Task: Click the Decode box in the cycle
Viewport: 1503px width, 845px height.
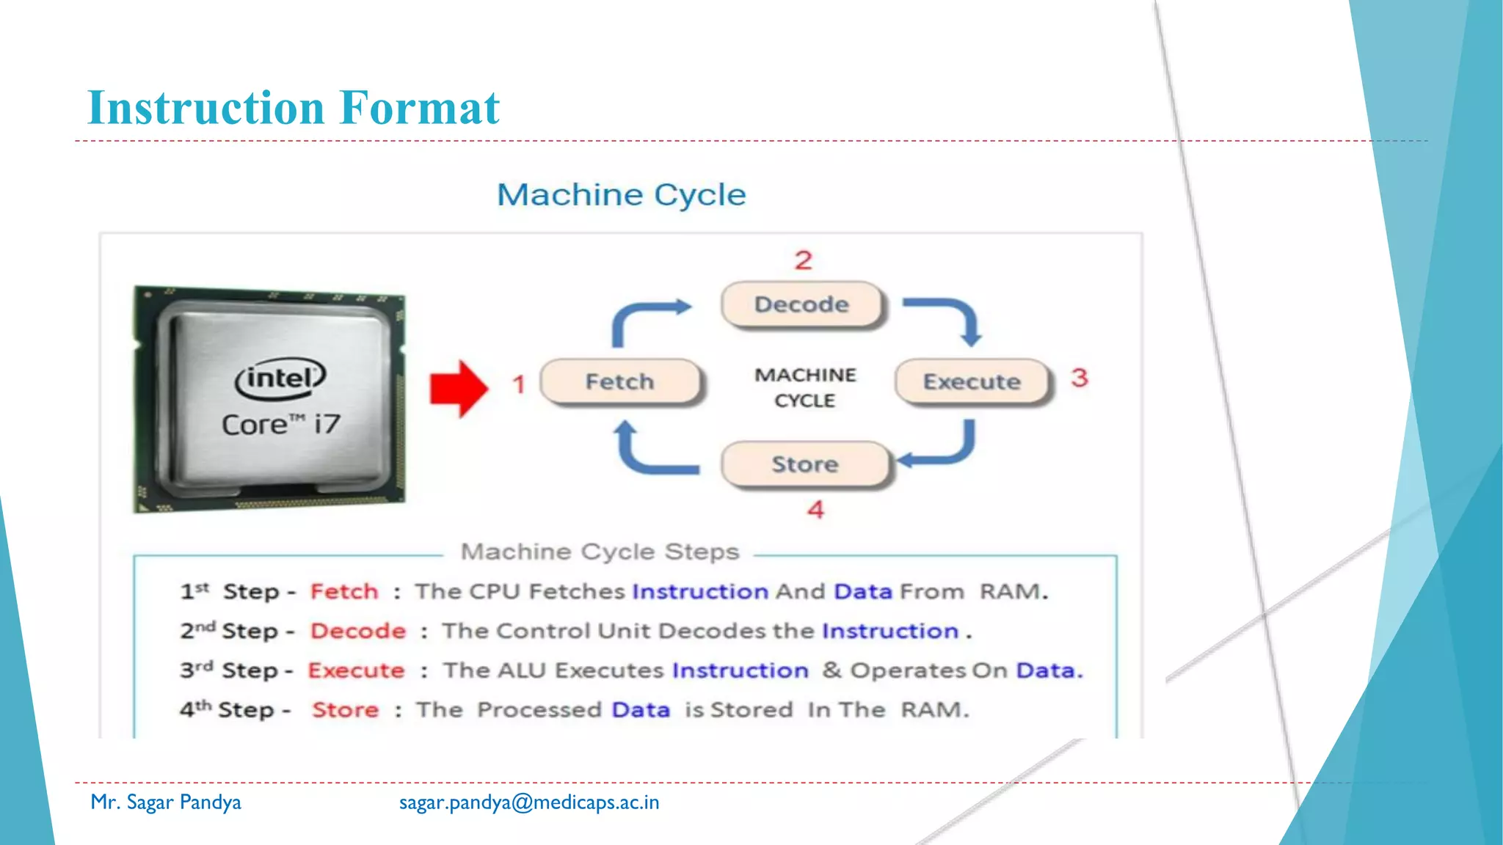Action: (x=801, y=304)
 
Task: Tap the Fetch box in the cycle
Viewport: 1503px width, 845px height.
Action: (x=620, y=381)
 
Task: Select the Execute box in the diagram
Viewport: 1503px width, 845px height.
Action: (x=972, y=381)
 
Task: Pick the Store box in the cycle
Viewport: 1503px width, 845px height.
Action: (x=804, y=464)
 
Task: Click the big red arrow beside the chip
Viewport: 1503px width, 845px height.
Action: (x=459, y=389)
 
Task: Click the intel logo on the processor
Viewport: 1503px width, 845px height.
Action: (x=280, y=378)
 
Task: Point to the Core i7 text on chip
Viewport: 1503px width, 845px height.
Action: (x=281, y=425)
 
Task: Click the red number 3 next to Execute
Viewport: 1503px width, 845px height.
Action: (x=1079, y=378)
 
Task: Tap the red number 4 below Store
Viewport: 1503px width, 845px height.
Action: (x=815, y=510)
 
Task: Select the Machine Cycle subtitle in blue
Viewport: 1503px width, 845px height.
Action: (x=621, y=195)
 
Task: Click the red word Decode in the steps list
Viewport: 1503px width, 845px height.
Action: (x=358, y=631)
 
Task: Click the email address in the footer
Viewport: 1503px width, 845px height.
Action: (x=528, y=802)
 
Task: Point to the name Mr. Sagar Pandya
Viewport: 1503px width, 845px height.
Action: (x=166, y=802)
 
